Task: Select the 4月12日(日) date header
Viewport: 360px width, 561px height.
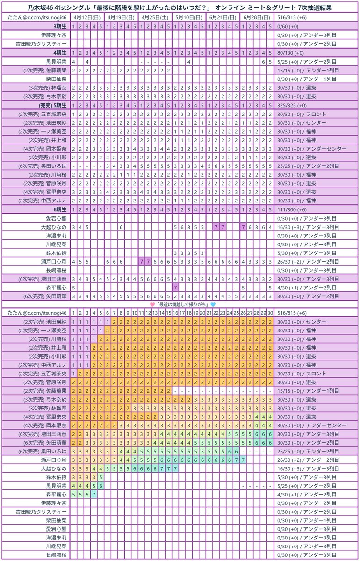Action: pos(87,17)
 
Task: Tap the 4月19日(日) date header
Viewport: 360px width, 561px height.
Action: pos(121,17)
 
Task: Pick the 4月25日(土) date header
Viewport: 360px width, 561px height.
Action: pos(155,17)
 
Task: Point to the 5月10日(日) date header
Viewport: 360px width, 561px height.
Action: pos(188,17)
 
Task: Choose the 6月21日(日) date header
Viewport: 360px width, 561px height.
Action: pos(223,17)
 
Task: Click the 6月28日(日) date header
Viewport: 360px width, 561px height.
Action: pos(256,17)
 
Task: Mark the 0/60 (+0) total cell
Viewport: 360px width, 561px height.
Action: pos(290,26)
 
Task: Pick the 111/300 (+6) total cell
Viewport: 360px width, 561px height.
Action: pos(295,209)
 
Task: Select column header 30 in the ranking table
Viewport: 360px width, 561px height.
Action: pos(270,312)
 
